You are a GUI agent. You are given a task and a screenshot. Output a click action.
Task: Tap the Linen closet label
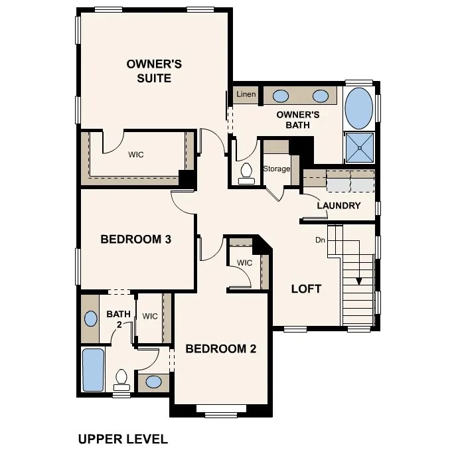point(246,95)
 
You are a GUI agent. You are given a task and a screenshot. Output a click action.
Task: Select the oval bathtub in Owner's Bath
point(359,108)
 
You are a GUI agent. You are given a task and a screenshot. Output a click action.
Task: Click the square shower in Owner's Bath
point(359,147)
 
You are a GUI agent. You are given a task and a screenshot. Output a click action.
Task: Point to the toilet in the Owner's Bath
point(246,173)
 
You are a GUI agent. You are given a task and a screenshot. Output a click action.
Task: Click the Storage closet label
point(277,169)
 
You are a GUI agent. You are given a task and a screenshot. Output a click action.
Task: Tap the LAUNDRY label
point(339,205)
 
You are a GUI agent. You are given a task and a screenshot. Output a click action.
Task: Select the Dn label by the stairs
point(321,240)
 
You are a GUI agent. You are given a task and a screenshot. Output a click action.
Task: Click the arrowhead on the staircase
point(359,280)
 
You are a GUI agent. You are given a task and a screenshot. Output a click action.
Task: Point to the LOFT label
point(306,289)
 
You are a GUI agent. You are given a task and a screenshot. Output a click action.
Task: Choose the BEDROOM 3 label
point(136,239)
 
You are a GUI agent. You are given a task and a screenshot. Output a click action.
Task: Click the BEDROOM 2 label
point(220,348)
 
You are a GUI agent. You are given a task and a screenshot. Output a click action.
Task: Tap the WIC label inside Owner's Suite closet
point(135,155)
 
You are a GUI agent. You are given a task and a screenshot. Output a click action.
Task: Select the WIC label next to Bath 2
point(150,316)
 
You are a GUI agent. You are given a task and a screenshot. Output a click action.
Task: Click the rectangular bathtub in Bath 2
point(93,370)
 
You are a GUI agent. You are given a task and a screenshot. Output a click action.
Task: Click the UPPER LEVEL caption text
point(123,439)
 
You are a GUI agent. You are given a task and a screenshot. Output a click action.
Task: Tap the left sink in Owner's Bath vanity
point(281,96)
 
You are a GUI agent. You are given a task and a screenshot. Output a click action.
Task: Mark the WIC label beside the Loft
point(245,263)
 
